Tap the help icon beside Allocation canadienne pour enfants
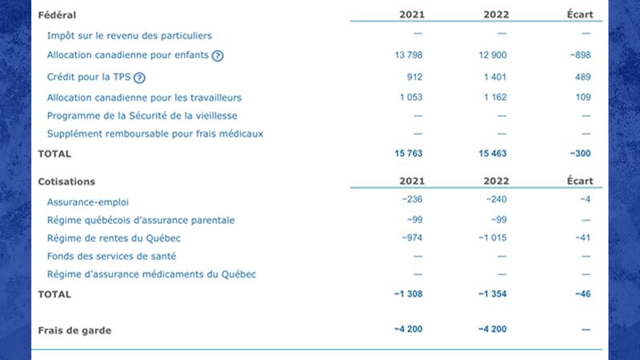point(218,55)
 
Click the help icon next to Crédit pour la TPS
point(139,78)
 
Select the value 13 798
point(409,55)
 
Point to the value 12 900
point(494,55)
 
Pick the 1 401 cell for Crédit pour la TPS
point(496,77)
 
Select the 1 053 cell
point(410,98)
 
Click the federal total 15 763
point(409,153)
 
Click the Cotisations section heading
point(66,182)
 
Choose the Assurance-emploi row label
point(88,202)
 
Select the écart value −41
point(583,238)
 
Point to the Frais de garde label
point(74,330)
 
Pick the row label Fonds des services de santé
point(111,256)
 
